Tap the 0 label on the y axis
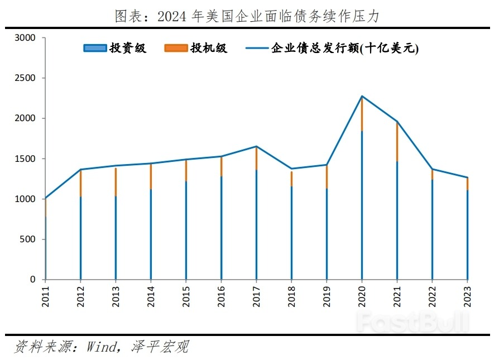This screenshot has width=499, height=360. tap(33, 280)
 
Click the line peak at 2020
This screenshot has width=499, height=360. tap(362, 96)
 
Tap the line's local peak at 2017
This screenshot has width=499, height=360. tap(256, 146)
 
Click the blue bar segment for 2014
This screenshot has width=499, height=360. tap(151, 234)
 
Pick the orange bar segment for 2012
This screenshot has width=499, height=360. tap(80, 183)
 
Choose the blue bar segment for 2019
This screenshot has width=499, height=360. tap(327, 234)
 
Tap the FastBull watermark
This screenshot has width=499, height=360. tap(413, 322)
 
